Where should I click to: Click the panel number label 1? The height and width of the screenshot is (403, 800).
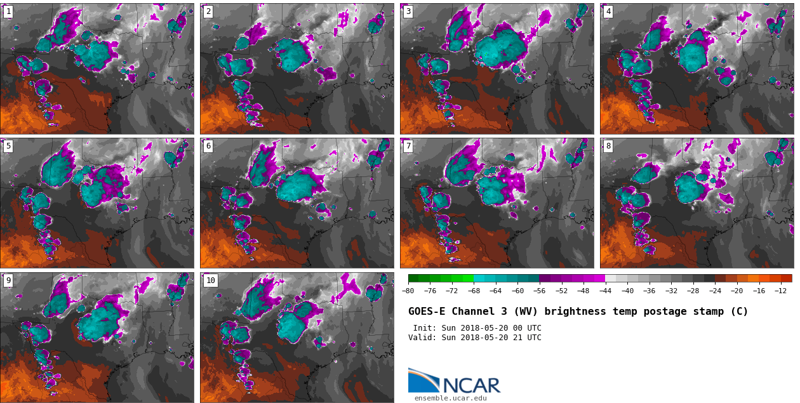[8, 11]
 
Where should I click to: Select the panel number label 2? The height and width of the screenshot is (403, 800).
[208, 11]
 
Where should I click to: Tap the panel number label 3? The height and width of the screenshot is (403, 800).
[408, 11]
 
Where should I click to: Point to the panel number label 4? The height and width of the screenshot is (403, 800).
[608, 11]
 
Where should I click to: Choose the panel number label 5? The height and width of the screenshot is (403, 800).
[8, 146]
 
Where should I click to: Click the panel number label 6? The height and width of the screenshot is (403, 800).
[208, 146]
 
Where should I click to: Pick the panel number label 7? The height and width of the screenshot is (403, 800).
[408, 146]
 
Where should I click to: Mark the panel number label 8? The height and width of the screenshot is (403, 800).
[608, 146]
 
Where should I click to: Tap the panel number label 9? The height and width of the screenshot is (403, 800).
[8, 281]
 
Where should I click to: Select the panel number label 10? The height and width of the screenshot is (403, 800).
[210, 281]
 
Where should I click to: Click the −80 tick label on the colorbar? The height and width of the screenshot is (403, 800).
[408, 291]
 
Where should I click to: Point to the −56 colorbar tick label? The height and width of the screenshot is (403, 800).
[539, 291]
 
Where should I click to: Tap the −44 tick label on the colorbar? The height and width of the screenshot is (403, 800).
[605, 291]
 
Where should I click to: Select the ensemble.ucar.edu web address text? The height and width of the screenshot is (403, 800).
[450, 398]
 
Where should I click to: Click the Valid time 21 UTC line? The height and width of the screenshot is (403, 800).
[474, 338]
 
